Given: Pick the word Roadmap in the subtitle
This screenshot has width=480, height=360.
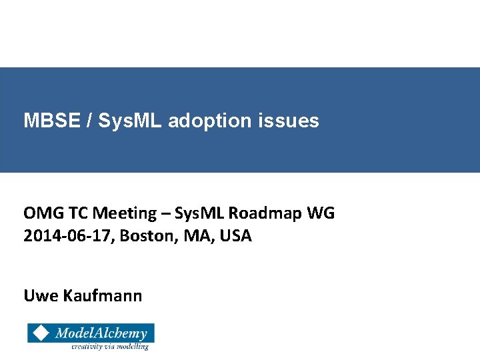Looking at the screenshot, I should point(266,213).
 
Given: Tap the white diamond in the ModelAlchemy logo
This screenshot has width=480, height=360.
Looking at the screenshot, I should point(41,333).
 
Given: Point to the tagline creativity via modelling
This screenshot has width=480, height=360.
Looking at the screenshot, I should point(110,346).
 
